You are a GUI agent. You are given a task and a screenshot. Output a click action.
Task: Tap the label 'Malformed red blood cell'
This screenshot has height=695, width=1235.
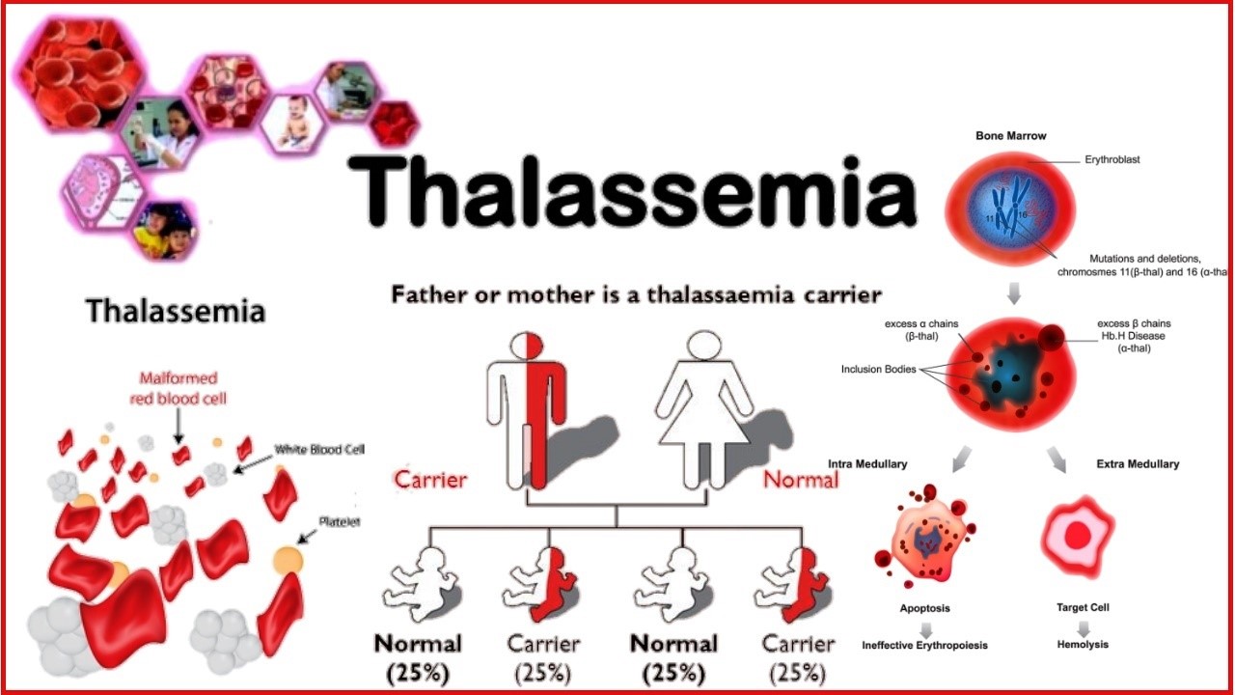[178, 388]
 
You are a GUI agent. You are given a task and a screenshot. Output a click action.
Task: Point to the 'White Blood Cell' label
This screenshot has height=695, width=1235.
[319, 450]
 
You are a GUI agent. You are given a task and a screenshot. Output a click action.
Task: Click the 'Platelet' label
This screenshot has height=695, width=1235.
[339, 522]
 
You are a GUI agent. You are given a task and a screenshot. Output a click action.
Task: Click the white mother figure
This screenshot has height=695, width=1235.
[704, 410]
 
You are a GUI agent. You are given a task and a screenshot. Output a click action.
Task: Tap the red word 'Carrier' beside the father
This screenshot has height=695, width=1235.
[430, 479]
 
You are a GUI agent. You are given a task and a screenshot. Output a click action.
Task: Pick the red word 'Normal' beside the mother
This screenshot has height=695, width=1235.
[800, 479]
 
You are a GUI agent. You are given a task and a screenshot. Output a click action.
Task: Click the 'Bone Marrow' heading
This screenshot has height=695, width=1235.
[1011, 136]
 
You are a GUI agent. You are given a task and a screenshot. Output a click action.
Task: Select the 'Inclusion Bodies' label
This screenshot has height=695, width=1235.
[879, 369]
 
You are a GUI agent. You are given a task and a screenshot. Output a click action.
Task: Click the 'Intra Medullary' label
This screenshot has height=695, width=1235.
[867, 464]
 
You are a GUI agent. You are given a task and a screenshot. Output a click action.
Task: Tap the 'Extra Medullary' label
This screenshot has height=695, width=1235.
[1138, 464]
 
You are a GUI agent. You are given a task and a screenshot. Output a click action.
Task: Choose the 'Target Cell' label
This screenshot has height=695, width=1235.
[1083, 608]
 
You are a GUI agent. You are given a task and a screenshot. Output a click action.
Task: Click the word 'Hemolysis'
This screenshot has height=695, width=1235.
[1083, 644]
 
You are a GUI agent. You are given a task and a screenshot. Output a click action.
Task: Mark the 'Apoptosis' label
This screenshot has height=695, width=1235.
[924, 609]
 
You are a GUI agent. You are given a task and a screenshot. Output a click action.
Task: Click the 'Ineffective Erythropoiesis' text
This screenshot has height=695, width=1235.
[924, 645]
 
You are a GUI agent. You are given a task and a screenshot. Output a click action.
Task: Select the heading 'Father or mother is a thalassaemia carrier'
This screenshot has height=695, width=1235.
[636, 294]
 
